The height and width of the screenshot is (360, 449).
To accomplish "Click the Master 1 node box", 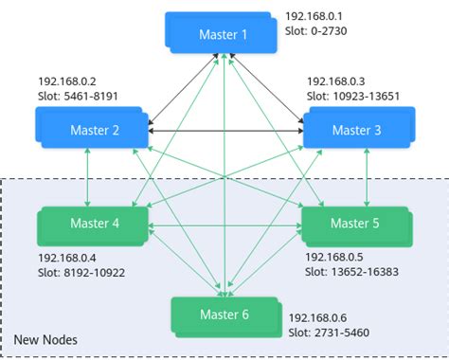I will (x=223, y=33).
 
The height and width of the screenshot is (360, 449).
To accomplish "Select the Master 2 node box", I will (x=92, y=128).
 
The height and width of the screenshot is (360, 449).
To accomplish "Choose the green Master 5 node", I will (x=354, y=225).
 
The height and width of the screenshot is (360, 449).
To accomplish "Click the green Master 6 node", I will (x=224, y=315).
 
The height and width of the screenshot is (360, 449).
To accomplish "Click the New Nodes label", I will (x=45, y=339).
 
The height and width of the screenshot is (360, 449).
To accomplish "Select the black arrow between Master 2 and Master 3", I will (x=224, y=130).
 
